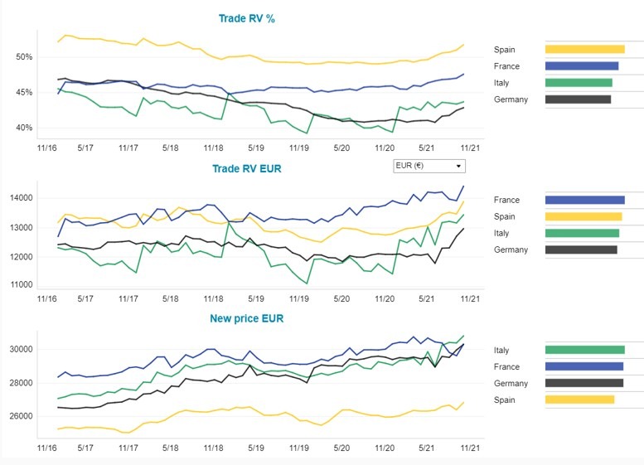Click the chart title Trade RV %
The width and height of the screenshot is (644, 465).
247,18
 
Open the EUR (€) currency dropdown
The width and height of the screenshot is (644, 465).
430,166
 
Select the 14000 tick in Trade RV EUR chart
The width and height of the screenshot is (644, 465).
22,198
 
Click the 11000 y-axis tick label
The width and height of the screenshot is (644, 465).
22,285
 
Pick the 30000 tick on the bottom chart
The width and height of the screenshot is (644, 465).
22,349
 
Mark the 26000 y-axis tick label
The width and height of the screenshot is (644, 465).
22,416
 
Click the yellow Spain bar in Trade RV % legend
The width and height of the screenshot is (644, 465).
584,49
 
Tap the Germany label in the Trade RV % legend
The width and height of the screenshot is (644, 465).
511,99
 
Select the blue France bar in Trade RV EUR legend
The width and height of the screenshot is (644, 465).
584,200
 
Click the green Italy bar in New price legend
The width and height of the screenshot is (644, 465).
584,350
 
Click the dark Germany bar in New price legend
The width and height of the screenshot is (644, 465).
583,383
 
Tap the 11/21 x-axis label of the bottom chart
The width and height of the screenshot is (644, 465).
470,448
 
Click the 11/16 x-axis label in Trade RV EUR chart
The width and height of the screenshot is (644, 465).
48,298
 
